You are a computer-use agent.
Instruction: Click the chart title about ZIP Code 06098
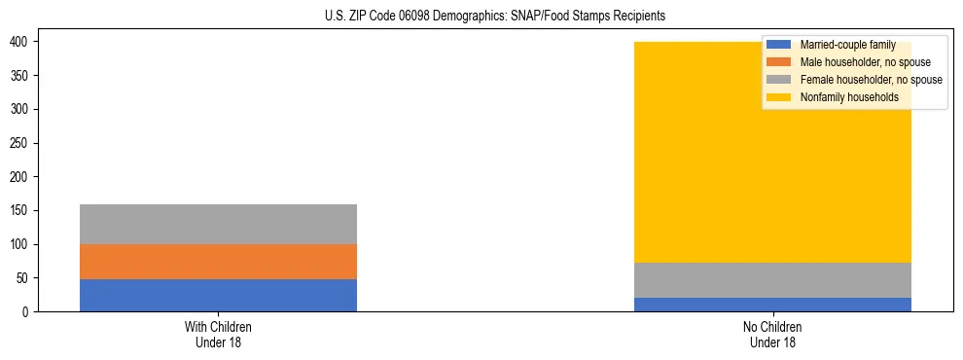495,17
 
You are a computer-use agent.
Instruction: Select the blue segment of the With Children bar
218,295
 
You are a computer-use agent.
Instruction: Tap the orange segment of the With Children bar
218,262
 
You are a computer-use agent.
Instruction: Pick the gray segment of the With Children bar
218,224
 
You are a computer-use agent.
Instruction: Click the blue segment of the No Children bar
772,305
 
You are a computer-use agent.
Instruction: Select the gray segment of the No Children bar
772,280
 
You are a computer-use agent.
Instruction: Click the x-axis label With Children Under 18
218,334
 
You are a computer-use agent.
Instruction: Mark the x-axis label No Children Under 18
772,334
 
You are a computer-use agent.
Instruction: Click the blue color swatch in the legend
779,45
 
